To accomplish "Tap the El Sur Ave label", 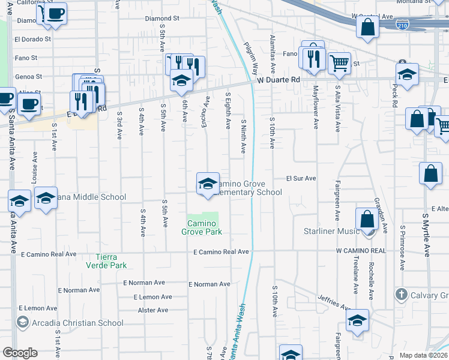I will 300,178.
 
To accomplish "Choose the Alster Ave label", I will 153,310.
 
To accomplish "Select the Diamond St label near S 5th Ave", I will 162,19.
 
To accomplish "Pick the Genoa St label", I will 29,77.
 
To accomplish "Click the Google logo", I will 20,353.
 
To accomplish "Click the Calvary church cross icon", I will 402,295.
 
